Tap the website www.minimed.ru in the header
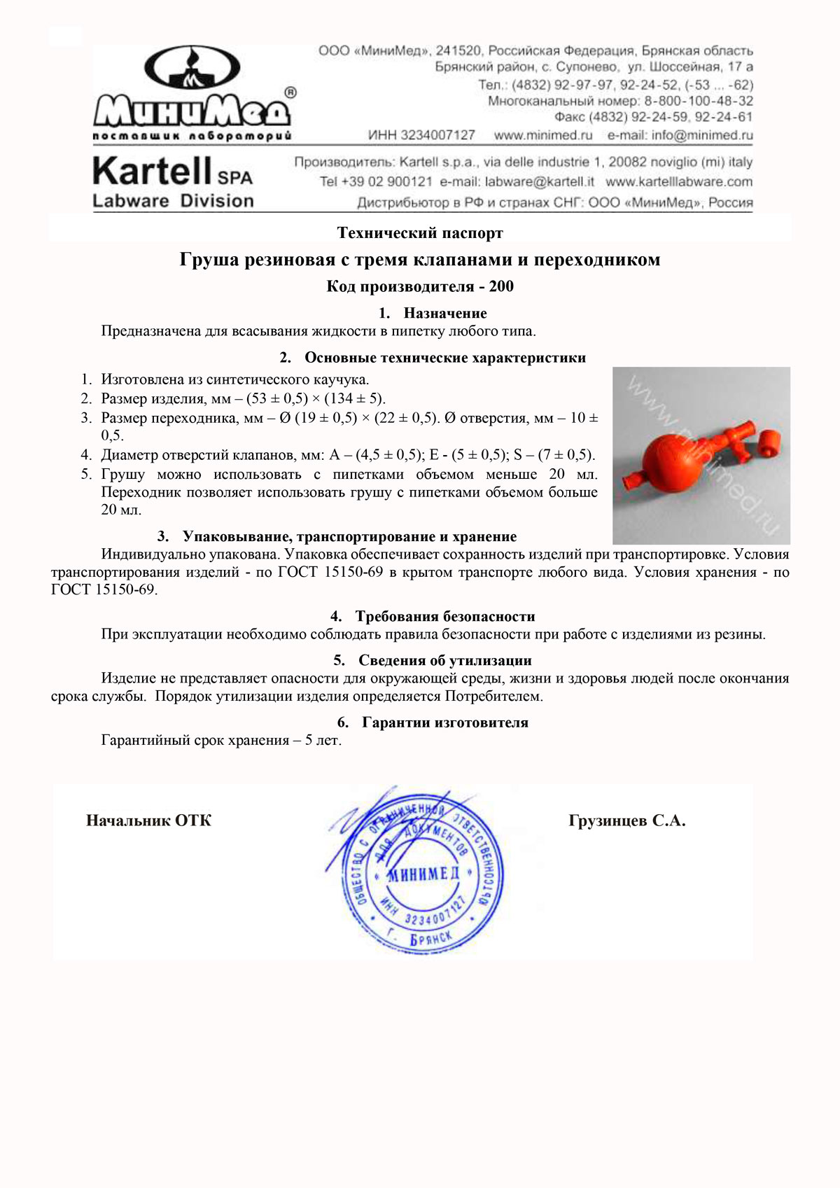coord(543,135)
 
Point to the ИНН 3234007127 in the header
coord(421,135)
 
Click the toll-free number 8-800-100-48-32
coord(699,101)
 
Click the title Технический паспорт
coord(420,232)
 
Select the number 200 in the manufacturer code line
coord(501,286)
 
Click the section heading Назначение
coord(444,313)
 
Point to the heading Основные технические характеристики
coord(444,358)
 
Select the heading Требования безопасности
coord(444,617)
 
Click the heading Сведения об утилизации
coord(444,660)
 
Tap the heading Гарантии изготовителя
coord(444,722)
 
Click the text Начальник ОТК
coord(148,820)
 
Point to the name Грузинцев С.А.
coord(627,820)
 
